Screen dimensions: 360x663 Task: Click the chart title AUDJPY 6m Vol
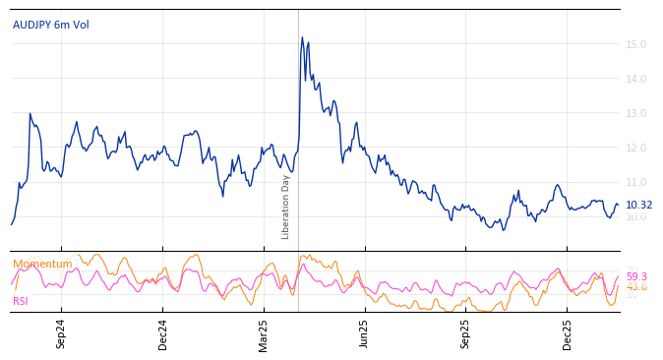[50, 25]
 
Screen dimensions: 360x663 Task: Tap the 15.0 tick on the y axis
[635, 44]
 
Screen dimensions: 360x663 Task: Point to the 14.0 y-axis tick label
[635, 79]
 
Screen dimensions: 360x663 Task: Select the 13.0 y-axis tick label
[635, 113]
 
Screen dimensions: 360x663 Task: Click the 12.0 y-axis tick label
[635, 148]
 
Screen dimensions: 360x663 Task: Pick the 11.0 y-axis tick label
[635, 182]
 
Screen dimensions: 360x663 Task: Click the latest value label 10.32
[638, 205]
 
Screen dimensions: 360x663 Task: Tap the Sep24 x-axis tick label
[61, 333]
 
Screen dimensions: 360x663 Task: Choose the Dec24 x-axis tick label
[163, 333]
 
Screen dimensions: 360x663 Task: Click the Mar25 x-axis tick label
[264, 333]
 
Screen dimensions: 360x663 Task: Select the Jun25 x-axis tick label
[364, 333]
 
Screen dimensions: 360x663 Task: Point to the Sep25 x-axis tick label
[466, 333]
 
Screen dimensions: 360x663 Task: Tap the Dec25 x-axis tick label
[568, 333]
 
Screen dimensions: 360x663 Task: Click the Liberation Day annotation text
[286, 207]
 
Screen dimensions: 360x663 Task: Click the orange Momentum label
[42, 264]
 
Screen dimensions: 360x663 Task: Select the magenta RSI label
[20, 301]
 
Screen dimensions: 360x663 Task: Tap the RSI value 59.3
[636, 276]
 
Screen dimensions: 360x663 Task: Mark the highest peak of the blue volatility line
[302, 37]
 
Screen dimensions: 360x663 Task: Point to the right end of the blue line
[618, 205]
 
